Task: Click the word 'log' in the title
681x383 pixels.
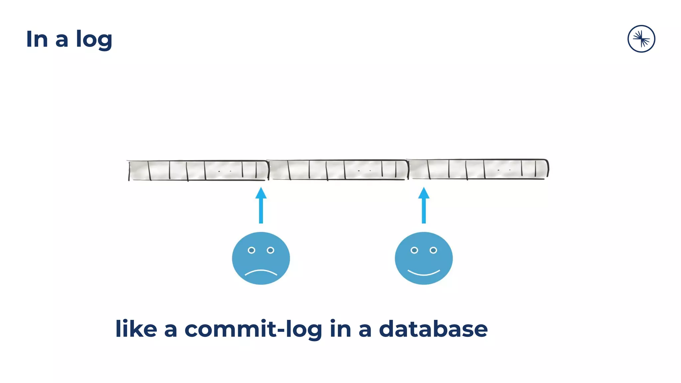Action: (x=94, y=40)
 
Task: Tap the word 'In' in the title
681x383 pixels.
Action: (x=37, y=39)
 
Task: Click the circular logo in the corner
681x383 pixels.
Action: (x=641, y=39)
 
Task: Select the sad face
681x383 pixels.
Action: (x=261, y=258)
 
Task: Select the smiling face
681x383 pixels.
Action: (x=424, y=258)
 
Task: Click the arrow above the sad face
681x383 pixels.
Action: (x=261, y=206)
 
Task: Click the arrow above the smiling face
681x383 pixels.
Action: (x=424, y=206)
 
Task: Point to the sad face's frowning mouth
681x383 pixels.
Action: (x=261, y=272)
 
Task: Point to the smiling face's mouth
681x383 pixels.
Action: (x=424, y=273)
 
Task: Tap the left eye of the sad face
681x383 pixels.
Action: (x=251, y=250)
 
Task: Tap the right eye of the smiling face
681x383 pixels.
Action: (x=433, y=250)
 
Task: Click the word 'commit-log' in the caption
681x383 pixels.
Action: (x=253, y=329)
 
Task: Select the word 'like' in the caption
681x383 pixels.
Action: (x=136, y=329)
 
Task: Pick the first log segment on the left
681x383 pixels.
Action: (x=198, y=170)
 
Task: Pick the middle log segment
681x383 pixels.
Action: (x=338, y=170)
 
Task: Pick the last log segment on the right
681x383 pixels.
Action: (x=477, y=169)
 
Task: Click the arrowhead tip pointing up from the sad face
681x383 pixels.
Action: (x=261, y=189)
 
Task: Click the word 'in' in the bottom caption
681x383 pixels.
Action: (x=340, y=329)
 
